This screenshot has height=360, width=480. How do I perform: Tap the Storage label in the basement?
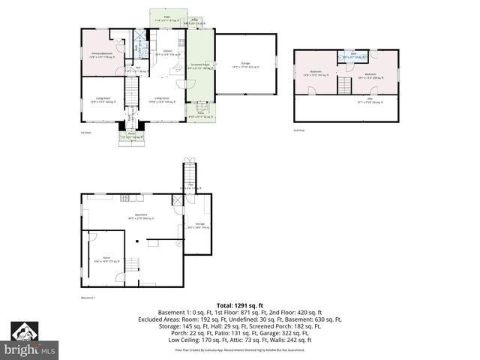[199, 225]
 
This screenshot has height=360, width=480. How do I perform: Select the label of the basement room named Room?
[102, 260]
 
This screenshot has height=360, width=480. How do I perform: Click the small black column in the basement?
[136, 241]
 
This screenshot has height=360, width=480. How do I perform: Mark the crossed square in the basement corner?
[177, 200]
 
